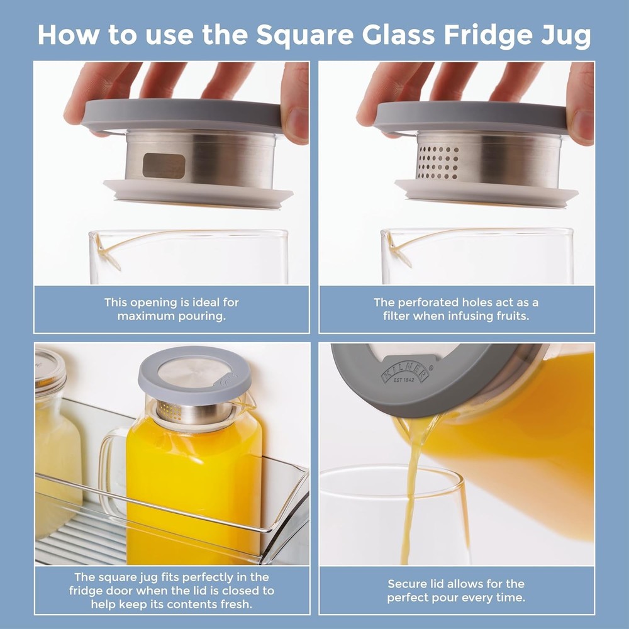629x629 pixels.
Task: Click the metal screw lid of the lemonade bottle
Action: [x=50, y=369]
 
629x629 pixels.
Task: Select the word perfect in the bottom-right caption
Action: [x=412, y=598]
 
